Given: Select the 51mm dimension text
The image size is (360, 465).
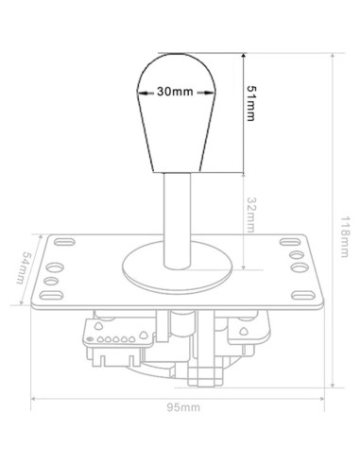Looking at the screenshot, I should (251, 101).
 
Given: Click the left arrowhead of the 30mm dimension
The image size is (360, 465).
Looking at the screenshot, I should (140, 94).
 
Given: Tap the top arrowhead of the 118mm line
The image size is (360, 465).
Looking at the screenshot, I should (336, 55).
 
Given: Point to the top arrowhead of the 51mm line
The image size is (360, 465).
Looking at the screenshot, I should (245, 55).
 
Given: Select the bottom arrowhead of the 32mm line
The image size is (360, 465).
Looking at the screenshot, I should (245, 267).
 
